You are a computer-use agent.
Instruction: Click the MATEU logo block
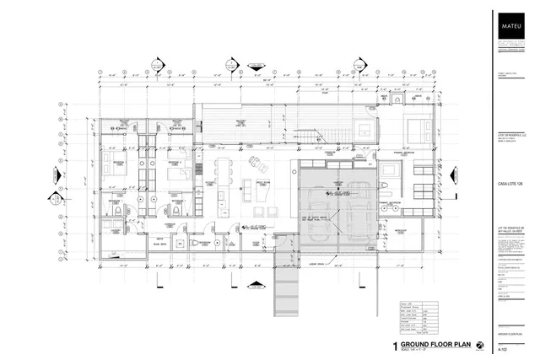(513, 26)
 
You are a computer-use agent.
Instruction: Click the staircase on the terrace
(317, 137)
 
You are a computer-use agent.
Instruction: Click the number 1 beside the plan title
(394, 346)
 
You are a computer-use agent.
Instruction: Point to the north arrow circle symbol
(479, 345)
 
